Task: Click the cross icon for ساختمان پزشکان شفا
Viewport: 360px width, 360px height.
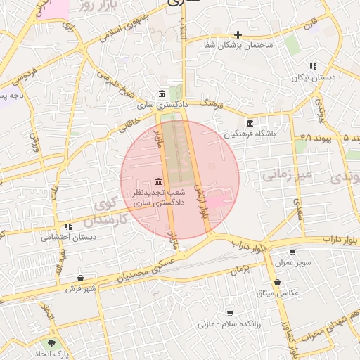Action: pos(238,34)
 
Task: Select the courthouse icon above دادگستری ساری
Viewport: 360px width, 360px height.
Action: pos(162,94)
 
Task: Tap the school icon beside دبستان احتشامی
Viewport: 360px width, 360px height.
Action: pos(68,226)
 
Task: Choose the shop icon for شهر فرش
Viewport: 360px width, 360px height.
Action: pos(81,278)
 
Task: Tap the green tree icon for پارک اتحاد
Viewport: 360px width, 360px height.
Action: pos(51,344)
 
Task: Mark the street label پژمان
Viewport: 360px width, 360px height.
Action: pos(240,269)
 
